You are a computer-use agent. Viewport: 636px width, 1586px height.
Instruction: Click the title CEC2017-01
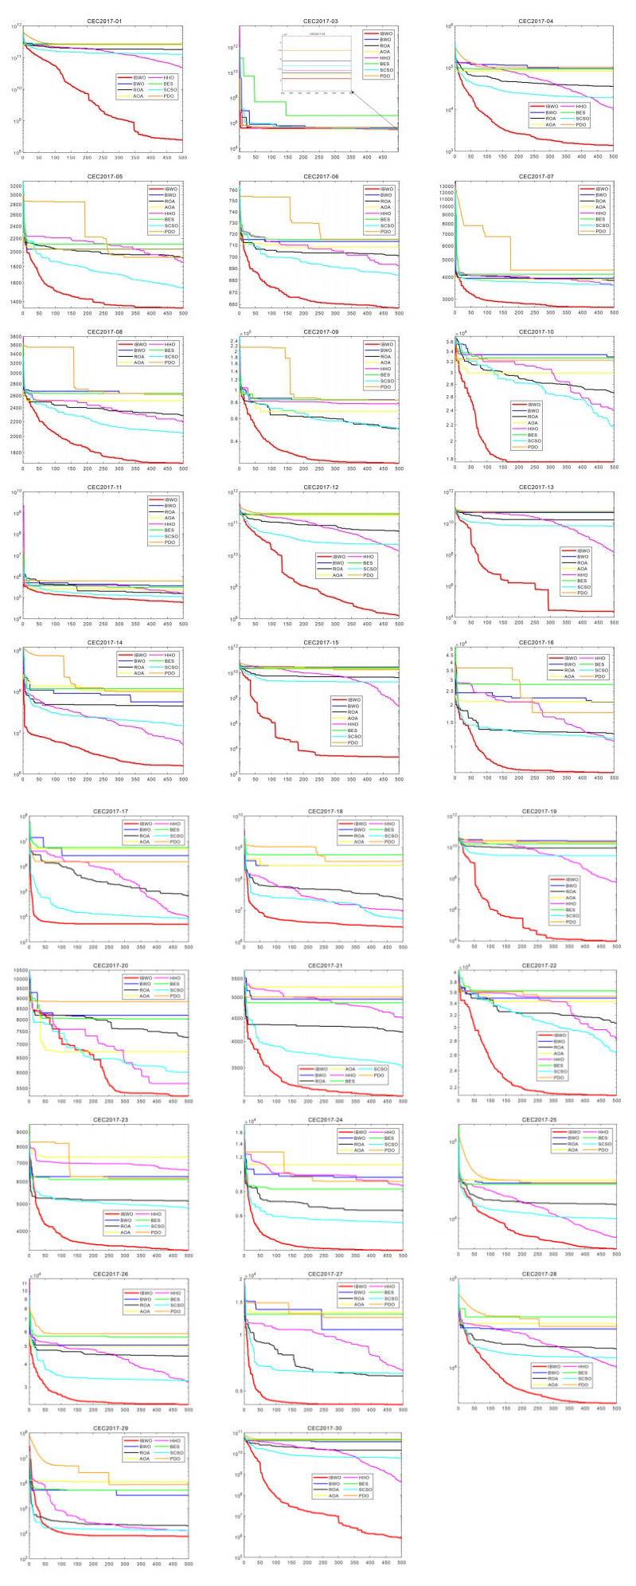(103, 21)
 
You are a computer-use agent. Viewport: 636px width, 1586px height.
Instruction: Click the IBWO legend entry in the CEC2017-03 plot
(385, 33)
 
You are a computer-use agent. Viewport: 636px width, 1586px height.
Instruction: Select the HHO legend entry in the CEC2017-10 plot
(533, 429)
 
